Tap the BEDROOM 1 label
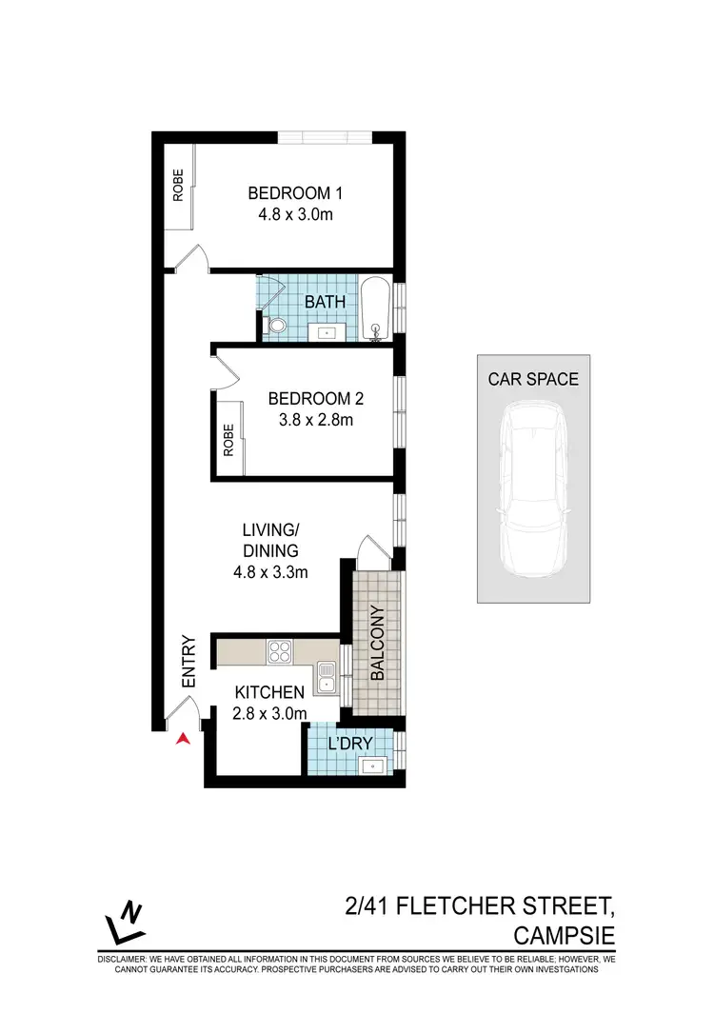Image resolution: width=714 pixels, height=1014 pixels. (x=294, y=193)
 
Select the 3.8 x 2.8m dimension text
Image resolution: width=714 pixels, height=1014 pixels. (x=310, y=420)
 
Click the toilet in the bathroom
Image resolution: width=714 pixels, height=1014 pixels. (x=277, y=327)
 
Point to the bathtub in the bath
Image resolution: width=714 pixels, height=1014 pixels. (x=376, y=308)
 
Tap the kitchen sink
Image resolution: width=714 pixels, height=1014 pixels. (x=327, y=674)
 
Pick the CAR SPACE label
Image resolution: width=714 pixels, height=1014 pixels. (x=533, y=379)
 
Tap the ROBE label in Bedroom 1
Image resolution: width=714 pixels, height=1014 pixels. (x=178, y=186)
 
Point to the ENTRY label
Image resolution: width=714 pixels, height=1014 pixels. (x=188, y=662)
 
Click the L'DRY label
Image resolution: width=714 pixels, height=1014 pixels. (x=349, y=743)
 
